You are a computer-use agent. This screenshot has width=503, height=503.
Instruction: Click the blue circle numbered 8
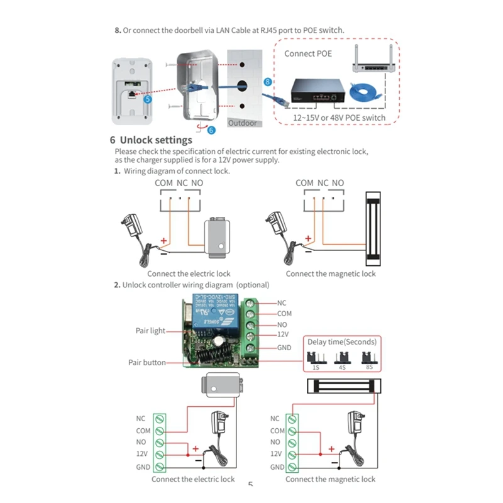(268, 82)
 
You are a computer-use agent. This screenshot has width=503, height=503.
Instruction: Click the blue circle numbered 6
(211, 130)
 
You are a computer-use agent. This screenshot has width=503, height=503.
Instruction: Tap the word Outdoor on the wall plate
(242, 123)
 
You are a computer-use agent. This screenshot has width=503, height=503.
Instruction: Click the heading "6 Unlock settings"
(151, 140)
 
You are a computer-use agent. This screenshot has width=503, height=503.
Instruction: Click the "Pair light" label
(150, 331)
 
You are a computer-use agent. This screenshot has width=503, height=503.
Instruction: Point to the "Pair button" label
(147, 362)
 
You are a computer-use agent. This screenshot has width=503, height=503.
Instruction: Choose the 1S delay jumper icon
(313, 358)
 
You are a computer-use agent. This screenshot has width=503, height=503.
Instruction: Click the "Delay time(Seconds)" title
(342, 342)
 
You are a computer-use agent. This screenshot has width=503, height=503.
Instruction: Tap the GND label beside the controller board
(285, 348)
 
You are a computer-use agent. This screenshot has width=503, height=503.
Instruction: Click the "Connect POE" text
(308, 53)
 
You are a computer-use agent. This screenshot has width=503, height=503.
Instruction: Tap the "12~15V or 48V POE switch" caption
(340, 118)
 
